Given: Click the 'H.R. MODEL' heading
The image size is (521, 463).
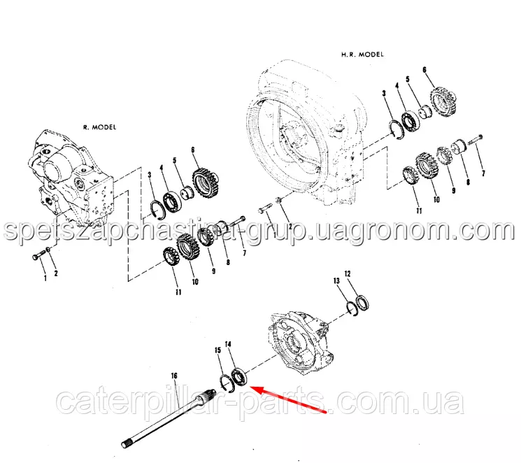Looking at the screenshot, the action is click(362, 55).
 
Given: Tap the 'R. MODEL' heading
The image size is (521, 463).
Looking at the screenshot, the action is click(100, 127).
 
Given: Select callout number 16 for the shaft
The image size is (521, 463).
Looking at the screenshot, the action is click(174, 376).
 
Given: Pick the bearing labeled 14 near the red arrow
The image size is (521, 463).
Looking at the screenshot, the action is click(240, 377).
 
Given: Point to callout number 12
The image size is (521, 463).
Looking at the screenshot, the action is click(348, 274).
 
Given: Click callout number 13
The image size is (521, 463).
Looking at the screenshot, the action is click(336, 281).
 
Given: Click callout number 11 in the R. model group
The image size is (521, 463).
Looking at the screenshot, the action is click(179, 292).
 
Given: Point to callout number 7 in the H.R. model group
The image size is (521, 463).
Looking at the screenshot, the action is click(483, 173).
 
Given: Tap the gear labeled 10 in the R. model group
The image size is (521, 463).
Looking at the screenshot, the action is click(188, 248).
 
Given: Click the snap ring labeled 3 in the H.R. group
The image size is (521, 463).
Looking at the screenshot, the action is click(396, 129).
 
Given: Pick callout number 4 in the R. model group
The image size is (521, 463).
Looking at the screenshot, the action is click(162, 168).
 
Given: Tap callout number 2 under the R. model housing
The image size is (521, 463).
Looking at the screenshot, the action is click(56, 273).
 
